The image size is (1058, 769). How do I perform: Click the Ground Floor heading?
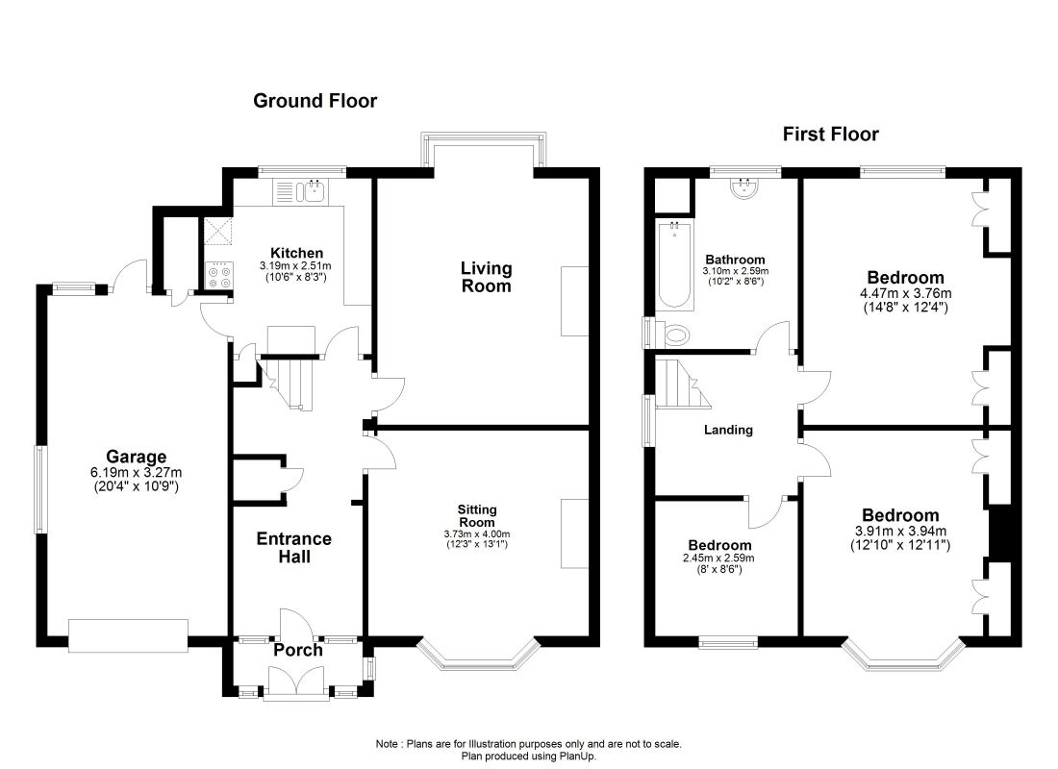point(315,101)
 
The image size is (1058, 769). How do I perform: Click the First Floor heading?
point(831,135)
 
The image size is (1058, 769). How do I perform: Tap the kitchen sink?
point(315,191)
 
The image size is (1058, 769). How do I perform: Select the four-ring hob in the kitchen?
point(218,275)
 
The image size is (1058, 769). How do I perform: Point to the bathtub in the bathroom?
point(674,264)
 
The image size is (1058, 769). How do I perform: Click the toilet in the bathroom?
point(671,334)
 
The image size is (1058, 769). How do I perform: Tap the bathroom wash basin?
point(744,186)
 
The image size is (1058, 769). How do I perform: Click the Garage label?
point(136,457)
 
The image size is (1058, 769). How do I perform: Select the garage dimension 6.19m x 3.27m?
point(136,473)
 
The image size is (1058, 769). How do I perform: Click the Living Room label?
point(486,277)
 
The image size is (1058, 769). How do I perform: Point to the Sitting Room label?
point(477,516)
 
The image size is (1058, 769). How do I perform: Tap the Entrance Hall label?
point(294,548)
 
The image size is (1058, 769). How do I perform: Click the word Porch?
point(297,650)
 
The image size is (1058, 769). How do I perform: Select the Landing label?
point(728,430)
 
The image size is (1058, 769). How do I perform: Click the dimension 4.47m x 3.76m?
point(905,293)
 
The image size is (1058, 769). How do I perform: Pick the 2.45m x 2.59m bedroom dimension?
point(718,558)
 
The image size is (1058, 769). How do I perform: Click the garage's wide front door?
point(128,635)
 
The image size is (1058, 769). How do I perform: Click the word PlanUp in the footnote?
point(578,757)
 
